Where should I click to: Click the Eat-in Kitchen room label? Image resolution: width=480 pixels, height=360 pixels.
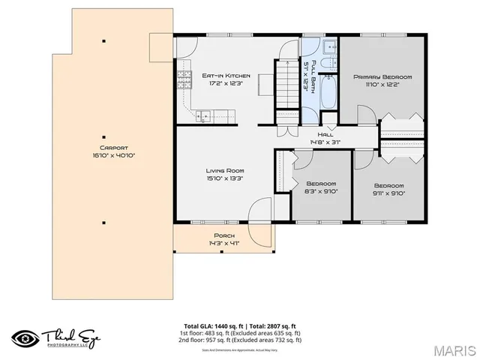[226, 76]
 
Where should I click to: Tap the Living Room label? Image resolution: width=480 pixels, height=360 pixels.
[225, 171]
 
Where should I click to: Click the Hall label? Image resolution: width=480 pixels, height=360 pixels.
[325, 135]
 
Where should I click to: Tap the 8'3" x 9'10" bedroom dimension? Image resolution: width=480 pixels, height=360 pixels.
[322, 191]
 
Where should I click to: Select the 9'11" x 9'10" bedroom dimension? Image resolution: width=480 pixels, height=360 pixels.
[388, 193]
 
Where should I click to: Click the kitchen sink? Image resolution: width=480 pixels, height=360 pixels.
[202, 115]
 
